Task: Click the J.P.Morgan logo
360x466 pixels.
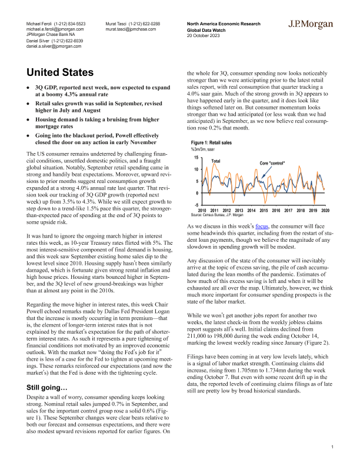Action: [310, 25]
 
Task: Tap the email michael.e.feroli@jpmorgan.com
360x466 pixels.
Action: [55, 28]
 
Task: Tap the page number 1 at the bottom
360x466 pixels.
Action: [332, 448]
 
